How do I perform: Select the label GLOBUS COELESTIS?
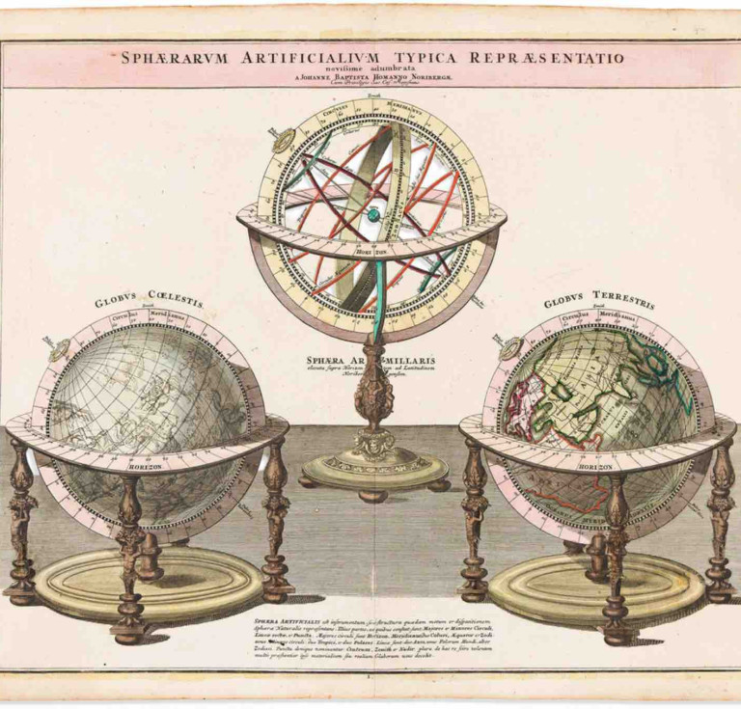tap(149, 302)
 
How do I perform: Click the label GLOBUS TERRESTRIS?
tap(598, 302)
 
